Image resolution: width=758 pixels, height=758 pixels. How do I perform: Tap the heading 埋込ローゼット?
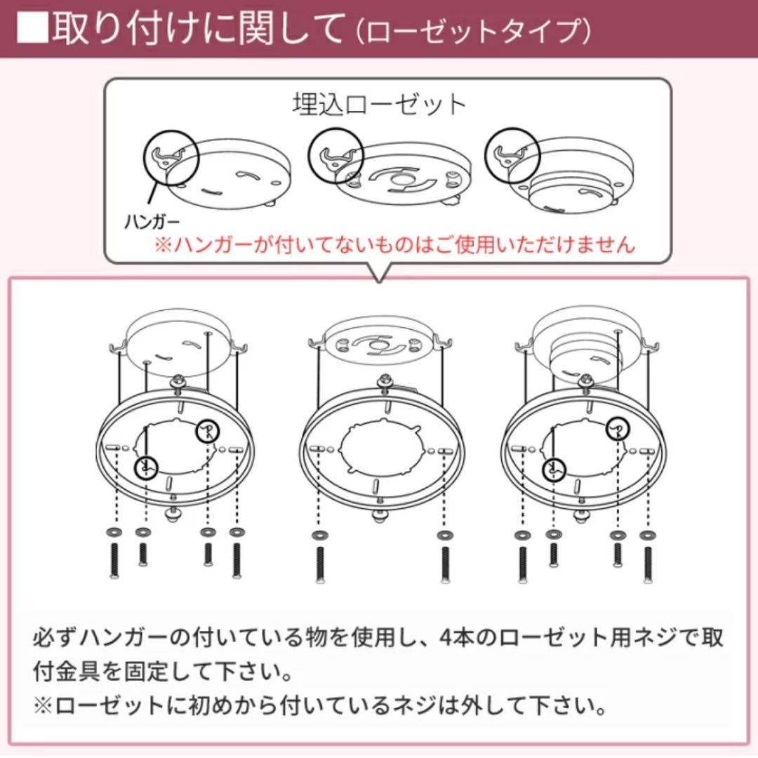coord(379,104)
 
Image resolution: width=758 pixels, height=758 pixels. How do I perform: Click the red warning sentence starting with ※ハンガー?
coord(394,245)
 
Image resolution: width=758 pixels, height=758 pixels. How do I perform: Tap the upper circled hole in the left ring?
coord(206,431)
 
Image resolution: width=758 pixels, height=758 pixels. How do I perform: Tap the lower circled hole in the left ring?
coord(146,467)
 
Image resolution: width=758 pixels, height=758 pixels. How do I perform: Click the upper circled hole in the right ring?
coord(617,427)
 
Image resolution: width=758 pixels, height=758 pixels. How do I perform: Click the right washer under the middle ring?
coord(443,536)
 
